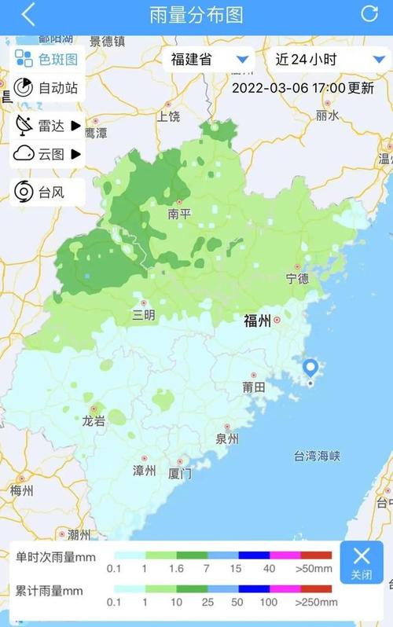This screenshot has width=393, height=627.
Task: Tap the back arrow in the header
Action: tap(28, 14)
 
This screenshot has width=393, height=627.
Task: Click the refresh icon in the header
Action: tap(369, 13)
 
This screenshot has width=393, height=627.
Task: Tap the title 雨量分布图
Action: tap(196, 14)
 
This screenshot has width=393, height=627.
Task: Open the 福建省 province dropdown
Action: tap(208, 59)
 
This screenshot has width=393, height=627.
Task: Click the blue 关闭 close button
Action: tap(362, 562)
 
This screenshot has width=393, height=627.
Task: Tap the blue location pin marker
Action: tap(310, 369)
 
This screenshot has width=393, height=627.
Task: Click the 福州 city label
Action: tap(257, 321)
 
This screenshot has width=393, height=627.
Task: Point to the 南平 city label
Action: tap(179, 213)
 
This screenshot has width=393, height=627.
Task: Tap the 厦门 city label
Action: tap(180, 474)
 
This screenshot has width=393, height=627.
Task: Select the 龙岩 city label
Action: tap(94, 420)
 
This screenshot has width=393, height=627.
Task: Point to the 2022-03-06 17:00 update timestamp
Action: tap(303, 88)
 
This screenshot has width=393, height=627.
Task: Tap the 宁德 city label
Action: tap(297, 278)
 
